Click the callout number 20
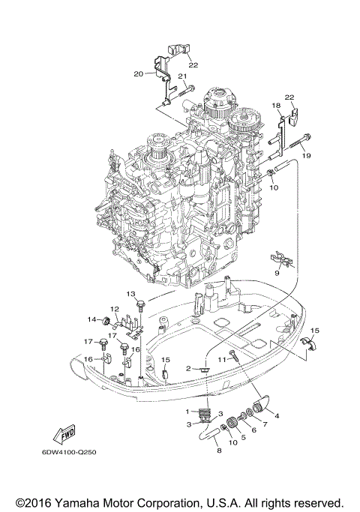pos(138,73)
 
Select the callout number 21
pos(181,76)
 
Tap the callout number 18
pos(276,106)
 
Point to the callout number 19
pos(307,154)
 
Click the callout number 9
pos(276,274)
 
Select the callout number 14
pos(91,320)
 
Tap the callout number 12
pos(115,310)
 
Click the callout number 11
pos(221,360)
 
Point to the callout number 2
pos(190,369)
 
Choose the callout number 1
pos(187,412)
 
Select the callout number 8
pos(219,452)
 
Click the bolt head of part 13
pos(139,304)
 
